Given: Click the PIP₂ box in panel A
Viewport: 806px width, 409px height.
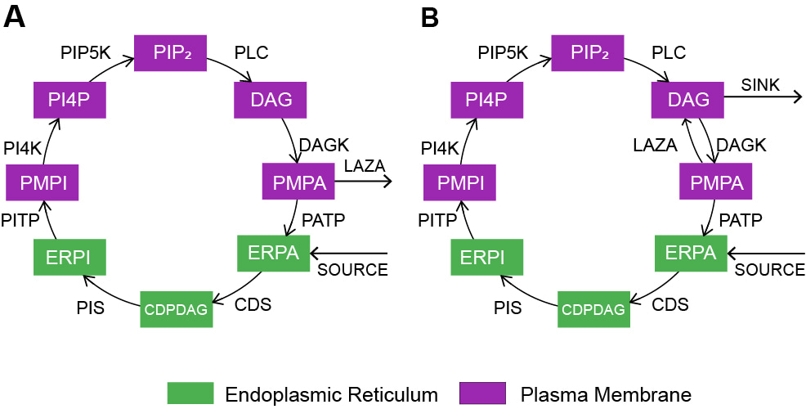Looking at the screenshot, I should coord(171,53).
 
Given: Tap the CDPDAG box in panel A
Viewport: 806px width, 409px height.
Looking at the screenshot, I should coord(177,309).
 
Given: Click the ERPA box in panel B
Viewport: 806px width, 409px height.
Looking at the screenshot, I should coord(692,254).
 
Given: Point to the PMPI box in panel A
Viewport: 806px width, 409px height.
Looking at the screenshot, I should coord(42,182).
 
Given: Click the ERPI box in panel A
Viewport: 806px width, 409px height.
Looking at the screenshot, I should coord(69,258).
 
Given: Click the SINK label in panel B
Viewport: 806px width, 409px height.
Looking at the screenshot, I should coord(760,85).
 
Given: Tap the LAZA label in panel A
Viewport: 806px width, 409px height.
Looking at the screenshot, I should coord(363,167).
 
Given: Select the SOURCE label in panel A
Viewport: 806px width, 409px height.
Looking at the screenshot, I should coord(352,270).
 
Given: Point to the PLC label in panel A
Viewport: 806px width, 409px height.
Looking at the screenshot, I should coord(251,52).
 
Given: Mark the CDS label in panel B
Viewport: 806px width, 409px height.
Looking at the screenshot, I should coord(670,305).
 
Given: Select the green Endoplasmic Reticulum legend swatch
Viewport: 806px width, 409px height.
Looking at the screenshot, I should coord(190,393).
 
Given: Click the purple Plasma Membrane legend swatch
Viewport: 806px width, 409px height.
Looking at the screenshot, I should coord(483,393).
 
